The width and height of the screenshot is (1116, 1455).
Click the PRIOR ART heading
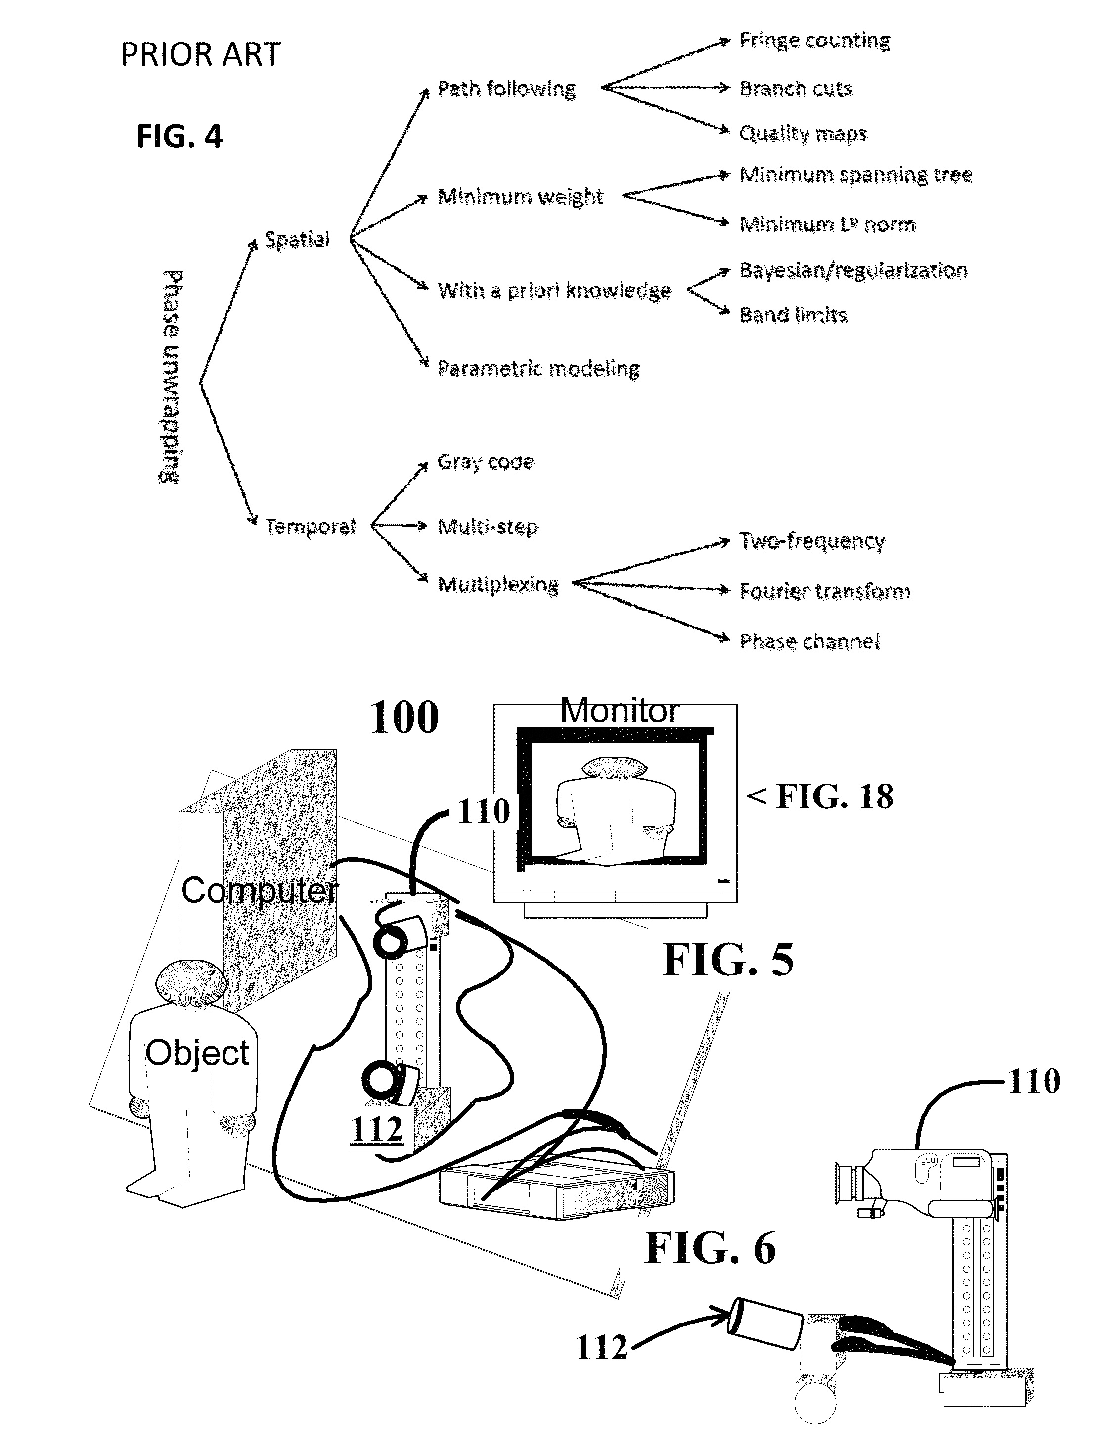[x=201, y=54]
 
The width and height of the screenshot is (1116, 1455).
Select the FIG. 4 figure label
[x=179, y=136]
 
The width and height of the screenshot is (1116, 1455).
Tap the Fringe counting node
[x=815, y=41]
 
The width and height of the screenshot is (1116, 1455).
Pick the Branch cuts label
[x=796, y=88]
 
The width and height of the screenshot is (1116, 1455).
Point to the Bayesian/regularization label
[x=853, y=271]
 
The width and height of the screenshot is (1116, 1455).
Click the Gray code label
[x=486, y=462]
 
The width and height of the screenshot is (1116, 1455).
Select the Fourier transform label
[x=825, y=591]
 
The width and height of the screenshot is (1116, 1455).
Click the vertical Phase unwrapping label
[x=171, y=377]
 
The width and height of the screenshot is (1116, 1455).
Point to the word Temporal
[x=310, y=527]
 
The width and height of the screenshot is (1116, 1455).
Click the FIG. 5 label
[x=728, y=960]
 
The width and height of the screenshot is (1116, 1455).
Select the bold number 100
[x=404, y=717]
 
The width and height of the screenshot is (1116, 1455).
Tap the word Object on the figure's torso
[x=197, y=1053]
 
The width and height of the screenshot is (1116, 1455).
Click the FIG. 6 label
[x=710, y=1248]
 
